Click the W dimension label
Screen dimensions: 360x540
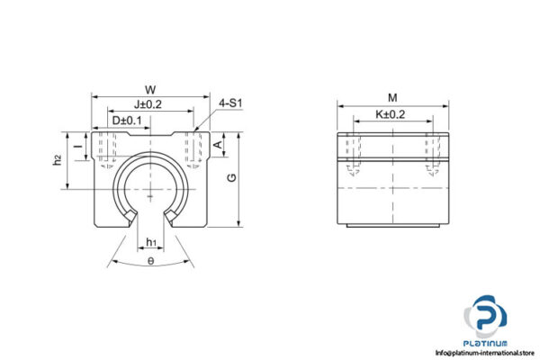pos(150,89)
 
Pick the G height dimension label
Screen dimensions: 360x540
pos(233,177)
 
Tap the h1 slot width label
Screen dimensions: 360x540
pos(151,241)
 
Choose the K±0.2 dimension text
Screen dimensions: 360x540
pos(392,114)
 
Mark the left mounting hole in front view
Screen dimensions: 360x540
pos(109,148)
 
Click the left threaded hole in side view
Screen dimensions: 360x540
pos(351,153)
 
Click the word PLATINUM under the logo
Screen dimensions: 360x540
pos(486,343)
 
